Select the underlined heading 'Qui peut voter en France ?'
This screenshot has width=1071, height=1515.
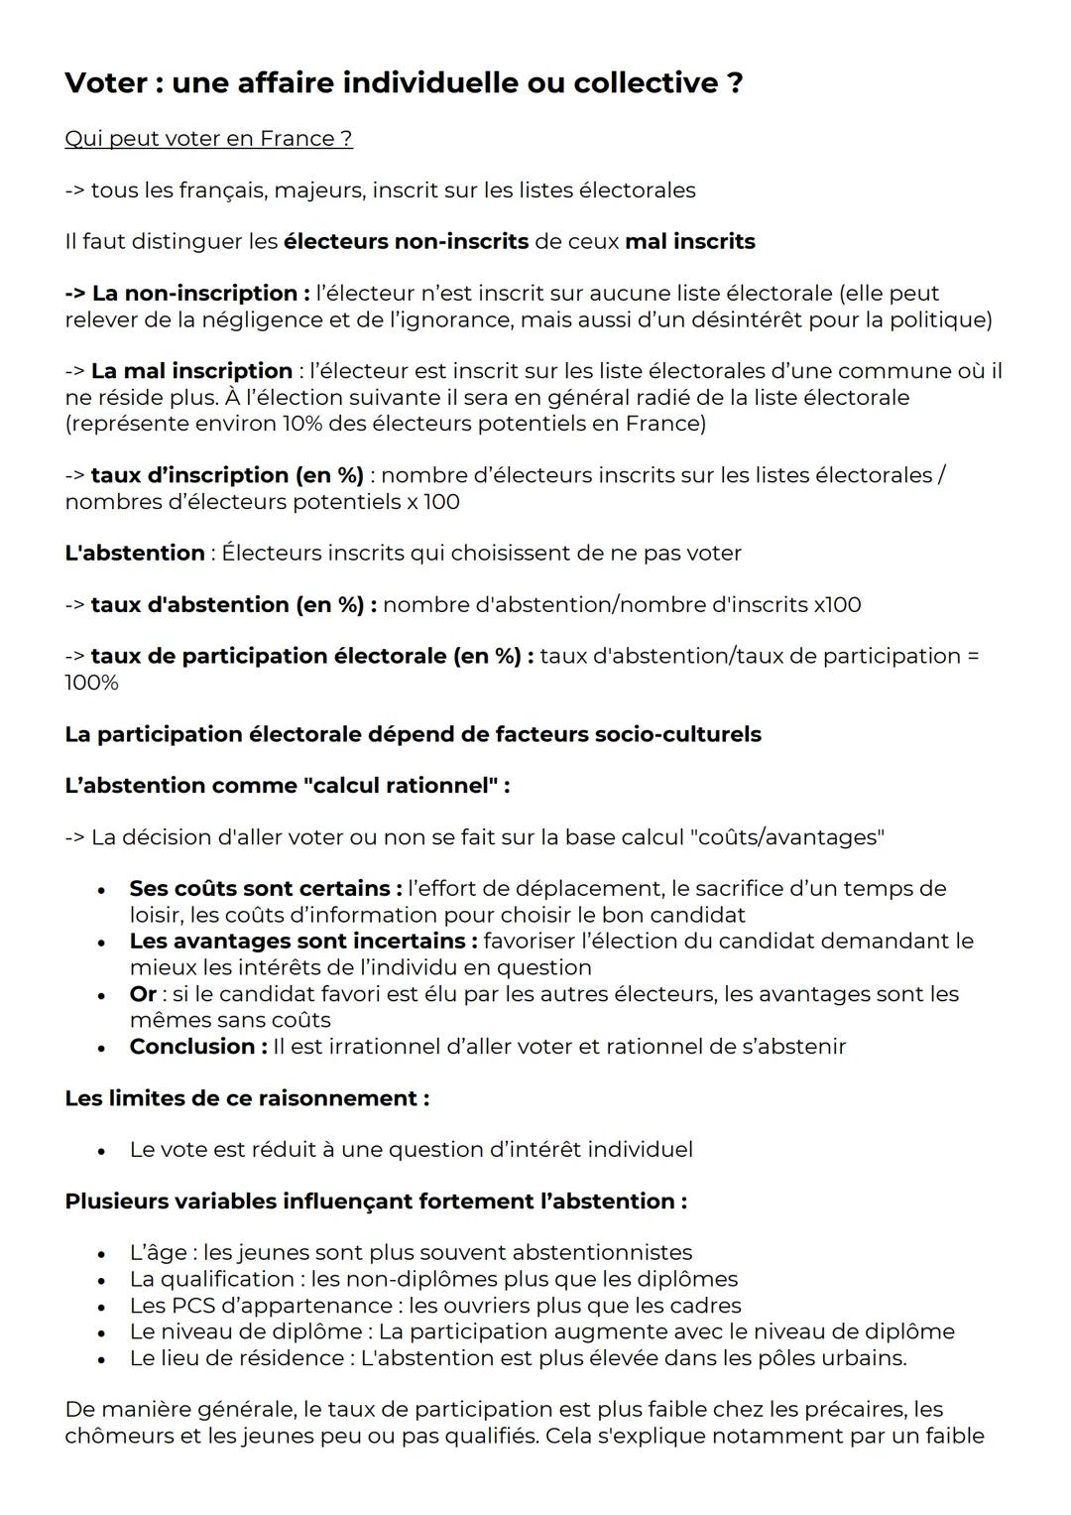click(208, 139)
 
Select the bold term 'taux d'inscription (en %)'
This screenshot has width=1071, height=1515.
click(227, 475)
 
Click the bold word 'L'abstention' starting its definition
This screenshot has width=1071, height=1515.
click(135, 553)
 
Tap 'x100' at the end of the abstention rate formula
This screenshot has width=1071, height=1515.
click(837, 604)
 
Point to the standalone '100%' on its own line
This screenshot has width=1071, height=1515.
click(91, 683)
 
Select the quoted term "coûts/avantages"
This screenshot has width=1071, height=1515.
click(786, 837)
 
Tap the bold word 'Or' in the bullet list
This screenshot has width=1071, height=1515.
click(143, 993)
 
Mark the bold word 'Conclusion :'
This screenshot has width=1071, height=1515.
click(198, 1046)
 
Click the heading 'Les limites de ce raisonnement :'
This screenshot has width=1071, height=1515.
click(247, 1098)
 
